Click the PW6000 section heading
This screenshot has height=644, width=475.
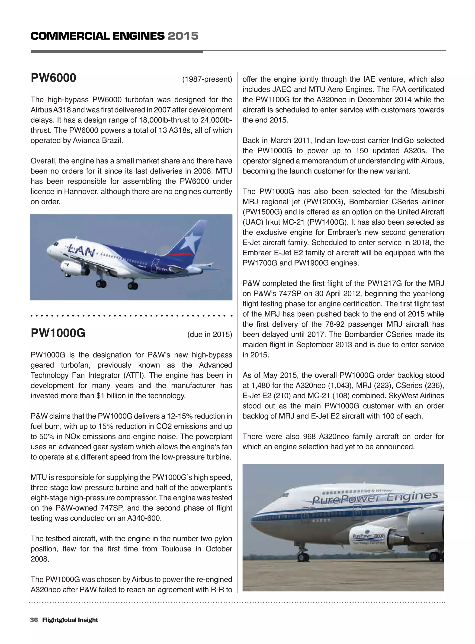pyautogui.click(x=54, y=78)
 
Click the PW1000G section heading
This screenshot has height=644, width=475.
pyautogui.click(x=58, y=333)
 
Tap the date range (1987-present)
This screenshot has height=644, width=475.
pyautogui.click(x=207, y=79)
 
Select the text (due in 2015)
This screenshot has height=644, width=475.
pyautogui.click(x=210, y=335)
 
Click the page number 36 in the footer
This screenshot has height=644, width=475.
pyautogui.click(x=34, y=620)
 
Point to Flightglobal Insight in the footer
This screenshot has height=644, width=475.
pyautogui.click(x=70, y=620)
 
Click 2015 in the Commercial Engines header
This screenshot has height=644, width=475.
pyautogui.click(x=183, y=36)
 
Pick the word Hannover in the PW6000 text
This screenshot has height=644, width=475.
pyautogui.click(x=80, y=192)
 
